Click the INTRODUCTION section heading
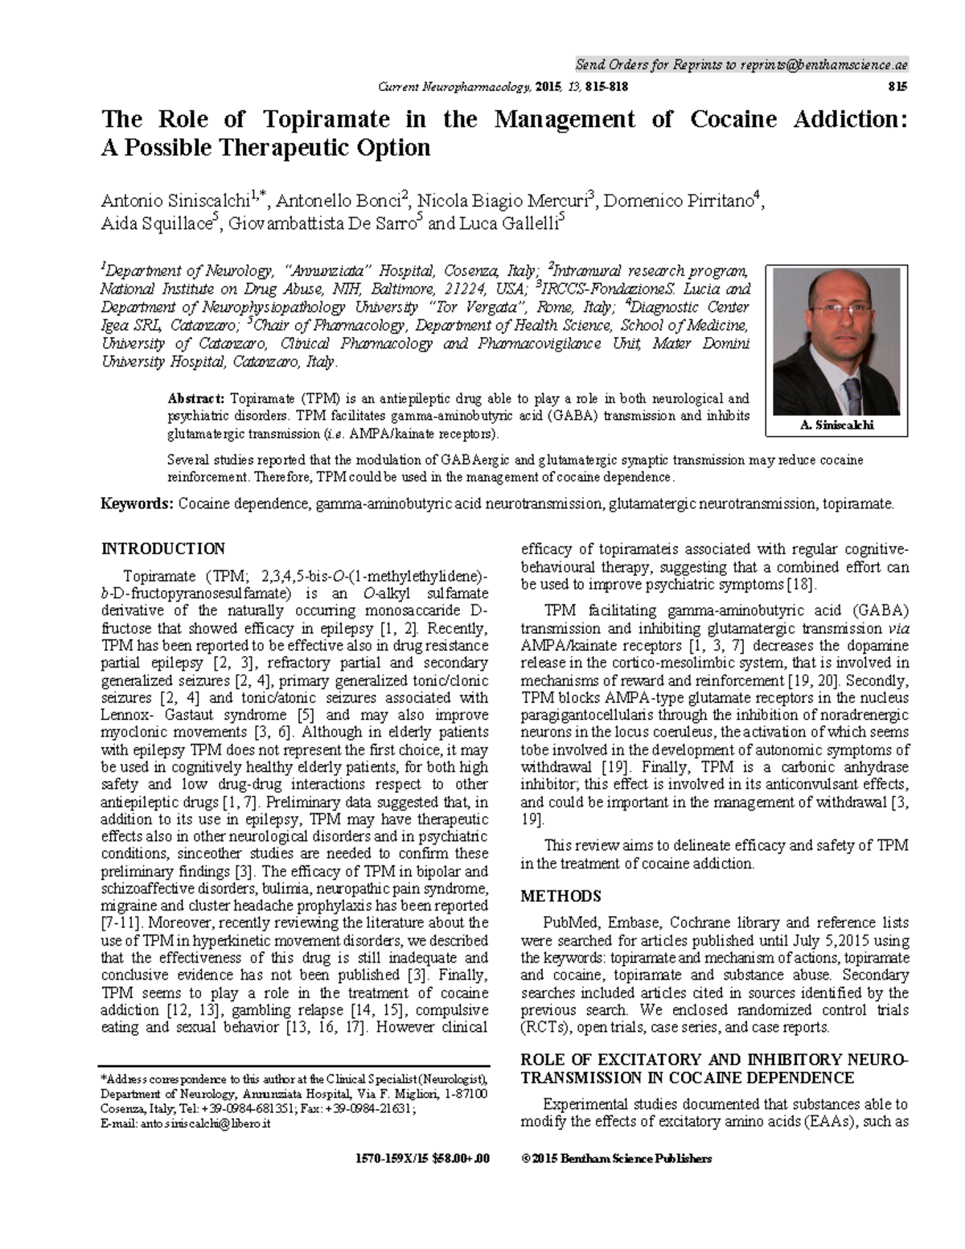coord(162,549)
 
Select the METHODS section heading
coord(561,896)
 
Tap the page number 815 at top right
coord(897,86)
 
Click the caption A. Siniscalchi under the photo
coord(837,425)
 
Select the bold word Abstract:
coord(195,399)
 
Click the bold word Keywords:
coord(136,504)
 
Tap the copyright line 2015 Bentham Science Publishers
coord(616,1159)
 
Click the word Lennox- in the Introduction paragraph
coord(126,715)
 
